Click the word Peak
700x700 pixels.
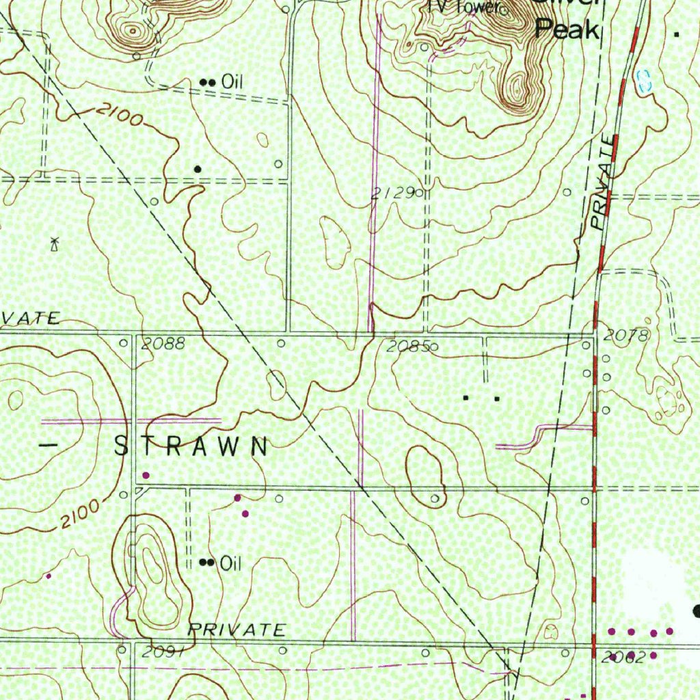[x=567, y=29]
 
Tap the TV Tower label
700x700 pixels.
[x=463, y=8]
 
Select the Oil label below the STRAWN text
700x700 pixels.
[x=231, y=563]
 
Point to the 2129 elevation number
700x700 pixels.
[x=393, y=193]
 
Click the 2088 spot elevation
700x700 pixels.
[x=163, y=344]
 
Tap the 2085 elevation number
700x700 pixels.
[x=407, y=347]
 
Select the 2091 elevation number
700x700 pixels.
[x=163, y=652]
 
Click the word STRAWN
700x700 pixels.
[x=192, y=447]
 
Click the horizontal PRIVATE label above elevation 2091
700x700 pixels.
[x=237, y=630]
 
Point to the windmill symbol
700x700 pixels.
[x=55, y=243]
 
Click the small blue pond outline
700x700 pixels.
[x=644, y=81]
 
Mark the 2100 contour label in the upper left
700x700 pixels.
[x=120, y=114]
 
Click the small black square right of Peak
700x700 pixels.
[x=677, y=33]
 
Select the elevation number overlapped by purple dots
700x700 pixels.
[x=623, y=658]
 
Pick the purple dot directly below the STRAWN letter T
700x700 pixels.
[x=145, y=474]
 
